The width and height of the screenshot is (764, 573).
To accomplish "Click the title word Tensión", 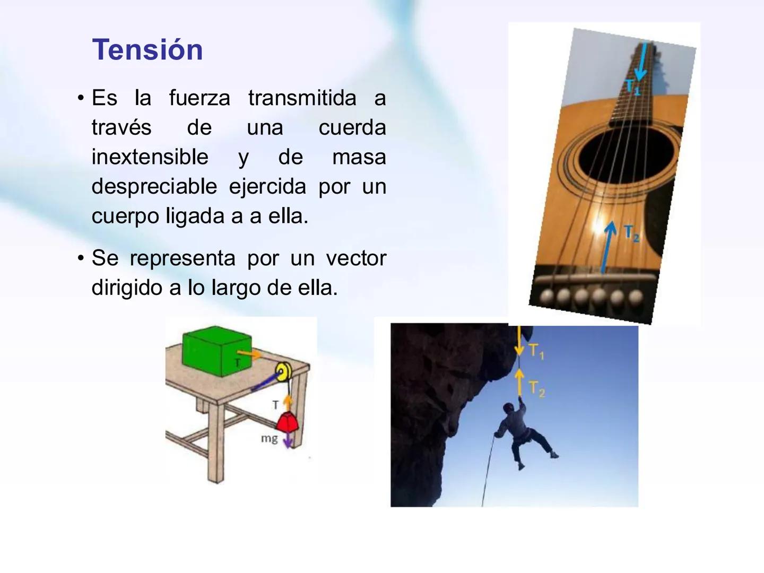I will tap(147, 50).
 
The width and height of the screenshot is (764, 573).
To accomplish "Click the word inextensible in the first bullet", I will tap(150, 157).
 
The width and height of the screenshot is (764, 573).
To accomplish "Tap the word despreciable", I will tap(154, 187).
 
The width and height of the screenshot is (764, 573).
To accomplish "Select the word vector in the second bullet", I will tap(356, 258).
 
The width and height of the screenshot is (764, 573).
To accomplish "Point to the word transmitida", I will tap(302, 98).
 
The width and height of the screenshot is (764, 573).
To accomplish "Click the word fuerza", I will tap(199, 98).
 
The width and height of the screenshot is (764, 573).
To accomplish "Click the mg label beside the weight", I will tap(269, 438).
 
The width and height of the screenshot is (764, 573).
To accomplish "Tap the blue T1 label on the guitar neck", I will tap(631, 86).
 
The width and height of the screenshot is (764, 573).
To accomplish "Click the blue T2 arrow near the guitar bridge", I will tap(607, 247).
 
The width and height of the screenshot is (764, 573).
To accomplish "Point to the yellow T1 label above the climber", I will tap(536, 351).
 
